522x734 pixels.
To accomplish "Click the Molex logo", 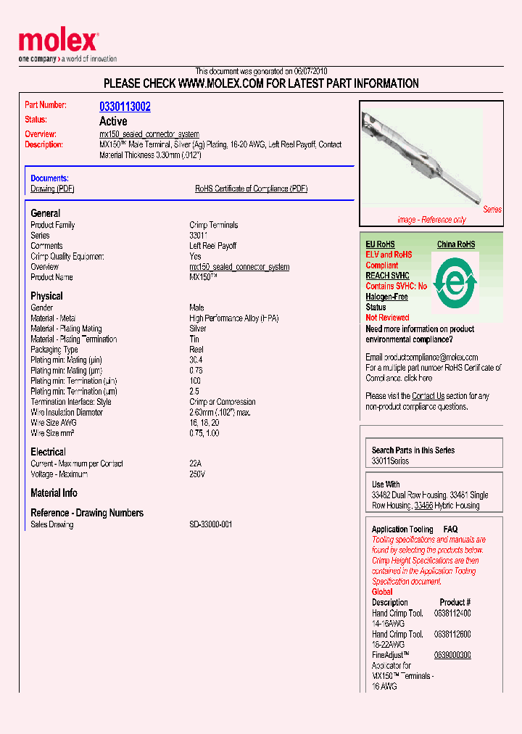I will (58, 42).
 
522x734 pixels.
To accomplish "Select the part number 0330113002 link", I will (125, 107).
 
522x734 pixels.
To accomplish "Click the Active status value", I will (113, 121).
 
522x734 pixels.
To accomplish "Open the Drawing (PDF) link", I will (52, 189).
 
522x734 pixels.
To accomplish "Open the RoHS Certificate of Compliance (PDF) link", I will (251, 189).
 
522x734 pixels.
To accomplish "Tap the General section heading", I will (46, 213).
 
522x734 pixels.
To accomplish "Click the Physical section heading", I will (46, 296).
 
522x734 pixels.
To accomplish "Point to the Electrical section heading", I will (48, 452).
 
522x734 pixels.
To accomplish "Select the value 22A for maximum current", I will (196, 463).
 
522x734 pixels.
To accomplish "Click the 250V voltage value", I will (197, 474).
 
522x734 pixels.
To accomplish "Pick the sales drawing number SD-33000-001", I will (211, 524).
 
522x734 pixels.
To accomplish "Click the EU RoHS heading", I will (380, 244).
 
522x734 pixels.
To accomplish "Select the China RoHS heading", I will (456, 244).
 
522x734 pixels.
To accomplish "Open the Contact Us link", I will (428, 396).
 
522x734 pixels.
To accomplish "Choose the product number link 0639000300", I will (452, 655).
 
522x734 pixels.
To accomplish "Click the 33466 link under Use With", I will (423, 506).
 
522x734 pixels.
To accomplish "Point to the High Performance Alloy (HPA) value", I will (234, 318).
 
